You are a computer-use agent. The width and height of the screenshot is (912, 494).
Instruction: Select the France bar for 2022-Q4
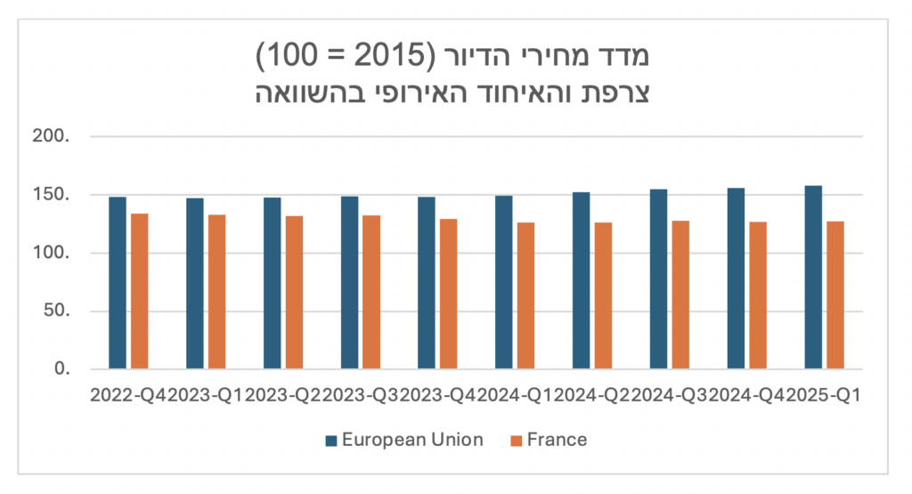tap(139, 291)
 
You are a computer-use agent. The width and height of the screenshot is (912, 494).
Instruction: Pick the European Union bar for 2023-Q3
tap(349, 283)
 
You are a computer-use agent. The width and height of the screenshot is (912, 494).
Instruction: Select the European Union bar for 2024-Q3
tap(658, 279)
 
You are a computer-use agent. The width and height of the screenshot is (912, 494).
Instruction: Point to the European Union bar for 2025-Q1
tap(813, 278)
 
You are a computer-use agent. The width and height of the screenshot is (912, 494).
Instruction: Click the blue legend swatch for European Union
tap(331, 440)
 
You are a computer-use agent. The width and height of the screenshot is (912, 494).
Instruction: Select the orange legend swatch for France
tap(517, 440)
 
